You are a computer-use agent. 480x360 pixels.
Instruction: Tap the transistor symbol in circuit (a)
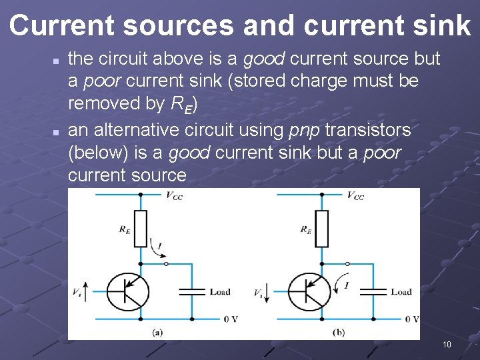(127, 292)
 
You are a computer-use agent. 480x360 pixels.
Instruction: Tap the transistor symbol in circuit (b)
(309, 292)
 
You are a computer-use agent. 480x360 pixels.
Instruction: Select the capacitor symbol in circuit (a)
(193, 291)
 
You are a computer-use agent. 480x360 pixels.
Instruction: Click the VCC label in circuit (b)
(355, 195)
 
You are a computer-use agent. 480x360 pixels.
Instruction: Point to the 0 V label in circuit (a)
(231, 319)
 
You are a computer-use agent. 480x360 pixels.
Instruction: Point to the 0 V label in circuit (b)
(412, 319)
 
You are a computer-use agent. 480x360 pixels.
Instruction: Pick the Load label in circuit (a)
(220, 292)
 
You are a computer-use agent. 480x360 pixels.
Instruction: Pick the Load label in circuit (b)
(401, 292)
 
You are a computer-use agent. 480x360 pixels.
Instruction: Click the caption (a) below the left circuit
(158, 332)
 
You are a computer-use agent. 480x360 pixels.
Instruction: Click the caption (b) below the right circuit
(339, 332)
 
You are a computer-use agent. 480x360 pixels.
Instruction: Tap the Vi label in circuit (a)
(78, 292)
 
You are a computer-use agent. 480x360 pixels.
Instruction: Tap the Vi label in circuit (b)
(259, 292)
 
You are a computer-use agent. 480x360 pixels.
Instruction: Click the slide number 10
(447, 345)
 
